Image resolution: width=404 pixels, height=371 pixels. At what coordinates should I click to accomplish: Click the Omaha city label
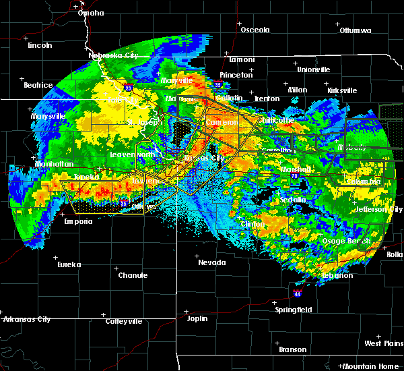click(91, 13)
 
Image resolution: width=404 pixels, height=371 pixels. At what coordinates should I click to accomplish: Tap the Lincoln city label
click(40, 45)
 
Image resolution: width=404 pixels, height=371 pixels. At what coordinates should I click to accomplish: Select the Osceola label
click(255, 30)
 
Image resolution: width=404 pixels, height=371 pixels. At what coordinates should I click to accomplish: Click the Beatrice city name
click(38, 85)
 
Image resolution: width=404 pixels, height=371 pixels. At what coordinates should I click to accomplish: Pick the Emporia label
click(78, 221)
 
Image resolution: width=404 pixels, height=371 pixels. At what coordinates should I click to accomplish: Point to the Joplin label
click(197, 318)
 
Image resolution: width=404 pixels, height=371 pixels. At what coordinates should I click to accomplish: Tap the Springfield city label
click(294, 310)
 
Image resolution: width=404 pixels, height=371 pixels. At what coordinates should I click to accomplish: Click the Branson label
click(292, 349)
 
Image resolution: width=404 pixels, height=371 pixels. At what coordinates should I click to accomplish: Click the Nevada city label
click(211, 262)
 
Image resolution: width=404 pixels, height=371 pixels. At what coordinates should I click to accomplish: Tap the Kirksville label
click(342, 90)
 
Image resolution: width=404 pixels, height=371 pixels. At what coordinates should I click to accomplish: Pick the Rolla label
click(395, 254)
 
